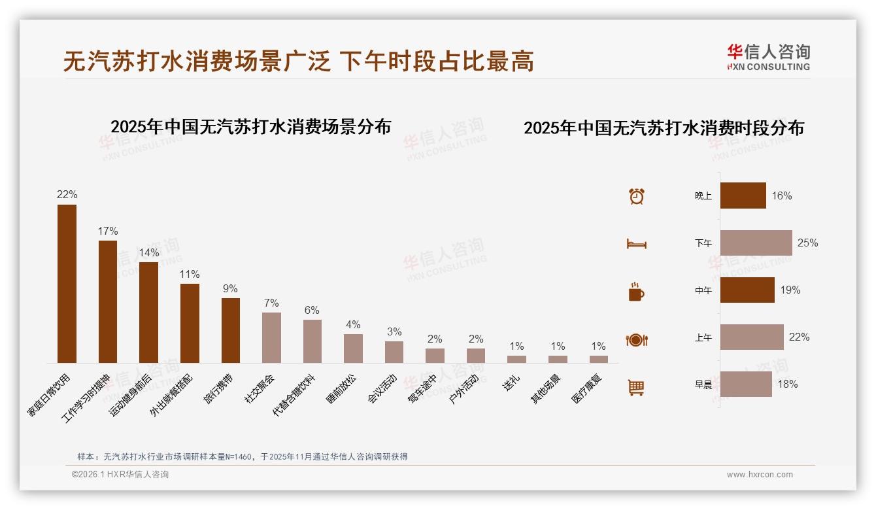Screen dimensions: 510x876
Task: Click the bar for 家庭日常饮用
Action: [67, 284]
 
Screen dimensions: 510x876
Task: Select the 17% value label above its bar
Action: [108, 231]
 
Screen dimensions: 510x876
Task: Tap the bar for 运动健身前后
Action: [148, 312]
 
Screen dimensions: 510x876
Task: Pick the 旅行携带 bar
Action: [230, 330]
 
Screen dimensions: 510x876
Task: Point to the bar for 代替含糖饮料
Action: [312, 341]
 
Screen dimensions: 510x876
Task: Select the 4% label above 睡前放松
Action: [353, 324]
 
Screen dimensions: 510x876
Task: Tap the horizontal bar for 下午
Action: [756, 243]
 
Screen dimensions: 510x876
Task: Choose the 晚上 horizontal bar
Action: [743, 195]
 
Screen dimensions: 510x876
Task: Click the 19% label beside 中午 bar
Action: [790, 290]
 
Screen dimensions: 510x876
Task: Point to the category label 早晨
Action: [703, 384]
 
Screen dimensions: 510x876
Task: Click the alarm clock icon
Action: [636, 196]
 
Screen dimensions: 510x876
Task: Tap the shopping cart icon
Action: [636, 387]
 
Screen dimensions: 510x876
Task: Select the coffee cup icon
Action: [636, 292]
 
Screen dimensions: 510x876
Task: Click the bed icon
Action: [636, 244]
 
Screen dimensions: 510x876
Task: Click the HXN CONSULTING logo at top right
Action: [768, 58]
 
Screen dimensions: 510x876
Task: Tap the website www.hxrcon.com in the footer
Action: [760, 475]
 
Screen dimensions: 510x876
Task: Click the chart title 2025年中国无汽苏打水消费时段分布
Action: [664, 128]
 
